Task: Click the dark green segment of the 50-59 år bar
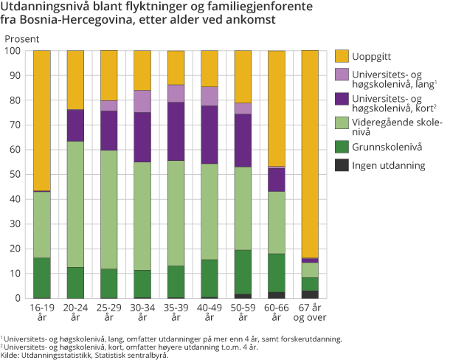[243, 272]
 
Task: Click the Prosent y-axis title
[23, 37]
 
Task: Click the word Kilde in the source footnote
[12, 355]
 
